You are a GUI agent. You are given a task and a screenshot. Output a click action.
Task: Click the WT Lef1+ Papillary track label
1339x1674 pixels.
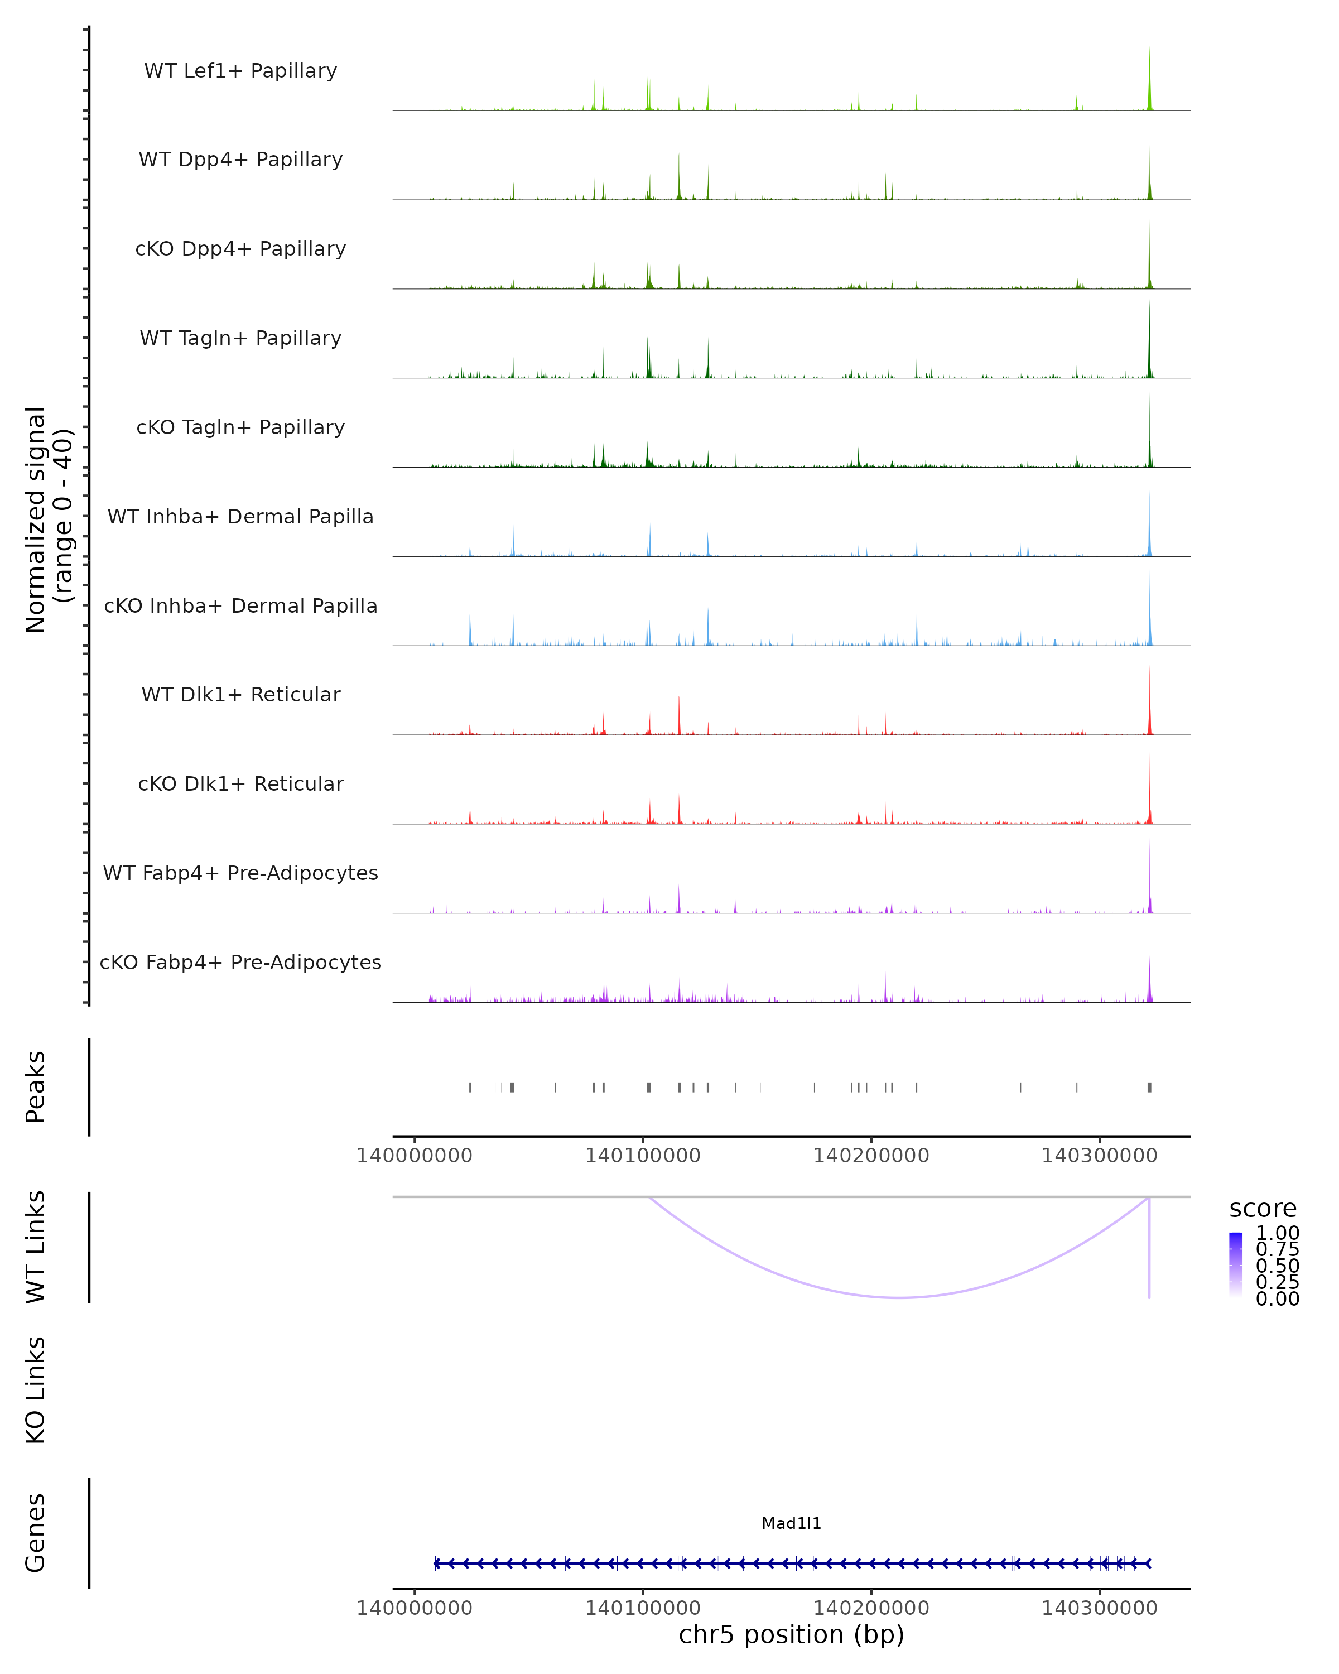240,71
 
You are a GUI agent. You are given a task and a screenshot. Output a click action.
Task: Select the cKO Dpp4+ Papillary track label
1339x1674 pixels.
240,249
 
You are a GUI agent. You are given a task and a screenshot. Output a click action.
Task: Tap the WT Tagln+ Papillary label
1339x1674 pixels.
240,339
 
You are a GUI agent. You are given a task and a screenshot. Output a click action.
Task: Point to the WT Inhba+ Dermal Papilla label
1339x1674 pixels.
240,517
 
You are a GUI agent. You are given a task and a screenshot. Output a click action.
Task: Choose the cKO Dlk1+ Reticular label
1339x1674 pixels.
240,784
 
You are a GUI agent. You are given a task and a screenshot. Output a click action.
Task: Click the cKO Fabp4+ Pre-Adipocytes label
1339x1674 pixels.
240,963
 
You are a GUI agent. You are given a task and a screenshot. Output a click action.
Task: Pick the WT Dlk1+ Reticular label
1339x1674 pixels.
240,695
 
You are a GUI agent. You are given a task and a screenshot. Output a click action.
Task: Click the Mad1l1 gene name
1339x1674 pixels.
791,1523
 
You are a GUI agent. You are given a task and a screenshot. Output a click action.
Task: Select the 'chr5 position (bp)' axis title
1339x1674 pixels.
791,1635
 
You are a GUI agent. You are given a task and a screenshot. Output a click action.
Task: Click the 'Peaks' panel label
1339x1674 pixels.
36,1087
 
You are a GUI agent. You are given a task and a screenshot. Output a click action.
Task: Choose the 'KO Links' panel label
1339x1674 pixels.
36,1390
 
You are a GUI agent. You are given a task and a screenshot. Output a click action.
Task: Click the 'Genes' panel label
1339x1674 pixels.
36,1533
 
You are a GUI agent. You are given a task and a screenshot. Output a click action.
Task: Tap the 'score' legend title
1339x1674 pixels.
1263,1209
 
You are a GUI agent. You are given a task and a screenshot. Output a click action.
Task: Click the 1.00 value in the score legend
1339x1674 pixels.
1278,1233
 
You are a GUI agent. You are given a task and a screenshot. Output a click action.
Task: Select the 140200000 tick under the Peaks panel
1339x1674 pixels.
871,1156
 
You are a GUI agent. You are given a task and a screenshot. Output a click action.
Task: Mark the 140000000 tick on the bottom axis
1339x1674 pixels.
415,1608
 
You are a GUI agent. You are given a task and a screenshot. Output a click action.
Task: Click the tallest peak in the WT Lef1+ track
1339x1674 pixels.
1150,50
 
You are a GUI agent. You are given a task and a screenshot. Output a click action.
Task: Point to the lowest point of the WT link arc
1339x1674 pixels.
899,1297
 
